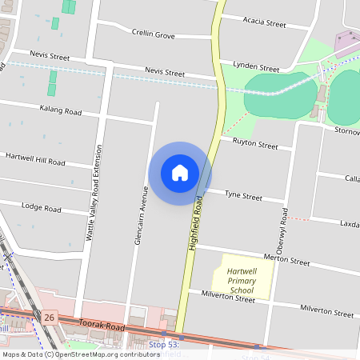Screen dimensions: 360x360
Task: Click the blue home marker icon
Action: [180, 173]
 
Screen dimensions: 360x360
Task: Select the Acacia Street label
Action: [264, 24]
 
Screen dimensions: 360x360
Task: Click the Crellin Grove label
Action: [153, 34]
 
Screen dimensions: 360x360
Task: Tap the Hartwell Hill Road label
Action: [34, 161]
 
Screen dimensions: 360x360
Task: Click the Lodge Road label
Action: [42, 208]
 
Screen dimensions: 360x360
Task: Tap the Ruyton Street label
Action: [255, 145]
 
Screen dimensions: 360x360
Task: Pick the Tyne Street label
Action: [243, 195]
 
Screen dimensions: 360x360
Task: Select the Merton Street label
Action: [286, 260]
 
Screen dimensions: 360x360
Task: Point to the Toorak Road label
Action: [102, 326]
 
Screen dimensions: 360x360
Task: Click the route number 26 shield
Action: [50, 318]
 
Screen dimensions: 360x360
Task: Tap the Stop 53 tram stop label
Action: [162, 345]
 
